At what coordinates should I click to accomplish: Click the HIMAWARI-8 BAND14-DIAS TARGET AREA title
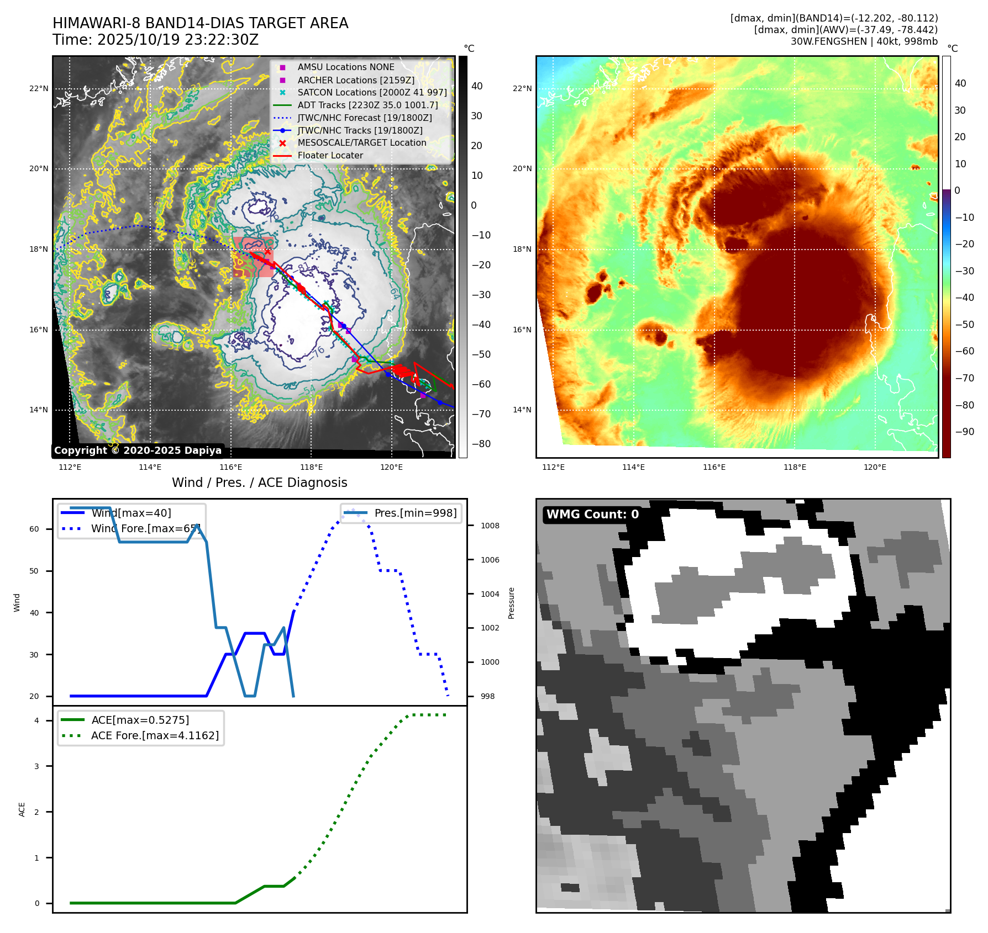pos(200,23)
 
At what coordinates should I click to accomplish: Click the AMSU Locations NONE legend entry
pos(345,67)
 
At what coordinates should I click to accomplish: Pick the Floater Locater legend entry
pos(330,156)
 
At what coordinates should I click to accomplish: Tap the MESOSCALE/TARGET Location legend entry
pos(361,143)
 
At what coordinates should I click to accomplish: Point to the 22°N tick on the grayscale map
pos(39,88)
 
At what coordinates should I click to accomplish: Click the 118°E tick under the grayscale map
pos(311,468)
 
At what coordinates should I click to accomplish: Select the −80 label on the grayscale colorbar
pos(481,444)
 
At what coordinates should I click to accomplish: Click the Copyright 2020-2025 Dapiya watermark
pos(138,450)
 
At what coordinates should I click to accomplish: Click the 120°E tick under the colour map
pos(875,468)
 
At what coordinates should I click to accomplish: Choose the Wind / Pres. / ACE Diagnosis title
pos(259,483)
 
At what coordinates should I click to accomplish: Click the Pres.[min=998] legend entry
pos(415,513)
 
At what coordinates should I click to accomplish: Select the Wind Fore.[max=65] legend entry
pos(145,529)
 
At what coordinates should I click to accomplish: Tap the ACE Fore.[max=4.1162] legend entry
pos(155,736)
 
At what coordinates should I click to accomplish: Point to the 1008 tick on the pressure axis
pos(490,526)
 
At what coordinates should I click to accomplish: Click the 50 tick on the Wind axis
pos(34,571)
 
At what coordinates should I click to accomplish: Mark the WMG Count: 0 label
pos(592,515)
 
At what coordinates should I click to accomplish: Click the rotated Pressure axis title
pos(512,603)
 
